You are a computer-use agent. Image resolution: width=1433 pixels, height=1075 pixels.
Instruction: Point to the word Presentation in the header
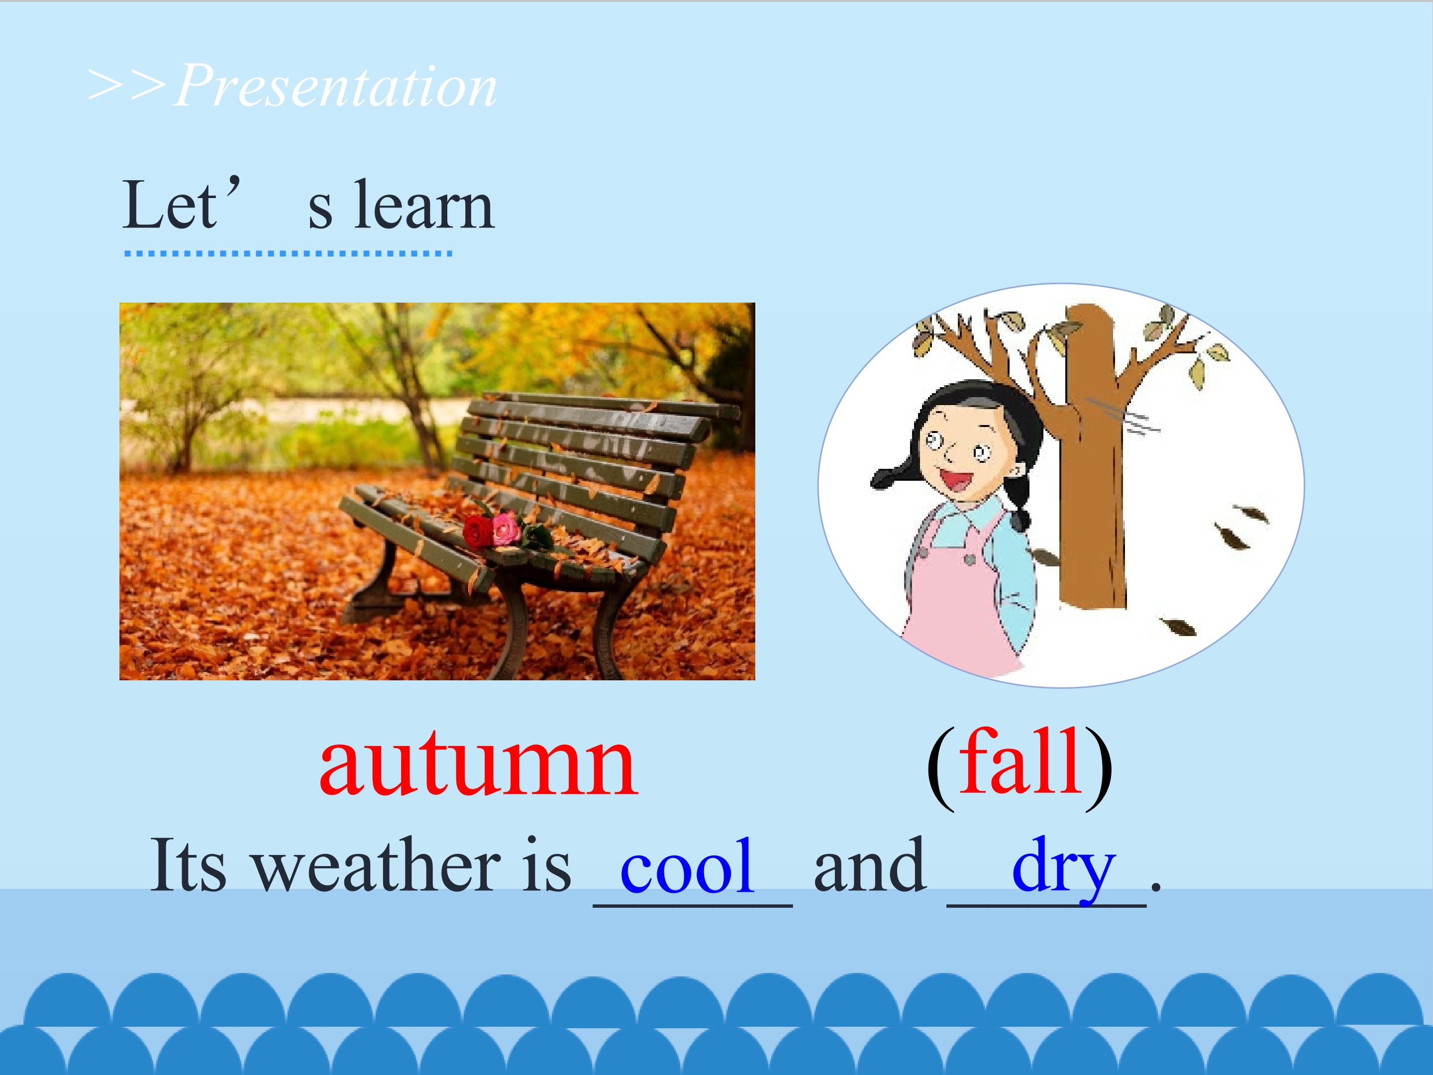(335, 86)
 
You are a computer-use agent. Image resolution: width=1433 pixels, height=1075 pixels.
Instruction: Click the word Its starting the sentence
(189, 865)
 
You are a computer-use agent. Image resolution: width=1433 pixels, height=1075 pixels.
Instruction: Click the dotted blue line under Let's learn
(288, 253)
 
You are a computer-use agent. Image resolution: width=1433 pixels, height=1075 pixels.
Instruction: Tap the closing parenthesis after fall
(1099, 767)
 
